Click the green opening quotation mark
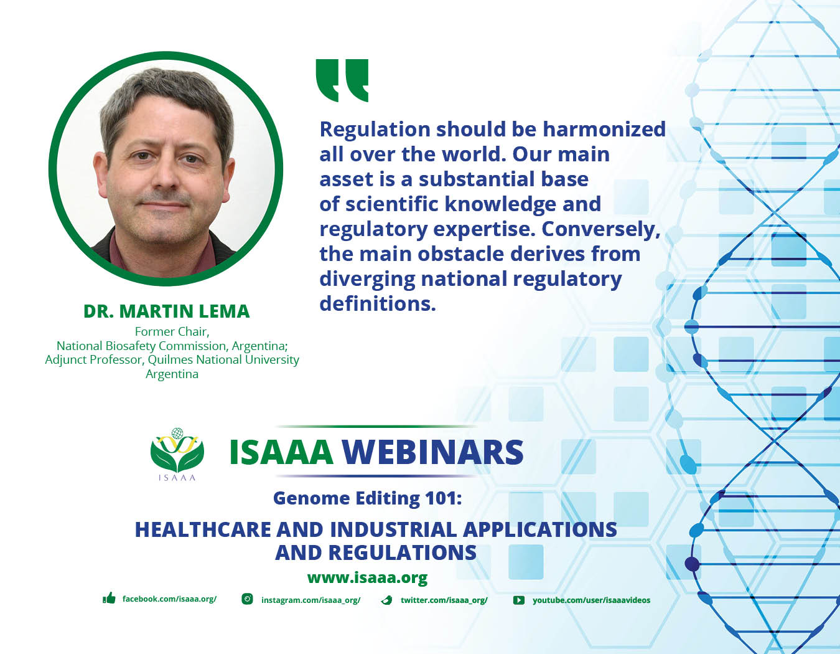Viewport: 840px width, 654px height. [x=342, y=80]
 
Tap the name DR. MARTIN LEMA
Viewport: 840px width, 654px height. [x=166, y=311]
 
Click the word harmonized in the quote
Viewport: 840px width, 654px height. [x=604, y=129]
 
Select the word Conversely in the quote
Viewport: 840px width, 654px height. [x=600, y=229]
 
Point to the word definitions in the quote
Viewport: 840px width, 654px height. [x=377, y=304]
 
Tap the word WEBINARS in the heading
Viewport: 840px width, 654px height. [x=432, y=452]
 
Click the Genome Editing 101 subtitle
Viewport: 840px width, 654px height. [x=367, y=498]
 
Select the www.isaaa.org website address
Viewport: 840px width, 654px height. [x=367, y=577]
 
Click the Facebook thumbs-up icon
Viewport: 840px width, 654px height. [x=110, y=599]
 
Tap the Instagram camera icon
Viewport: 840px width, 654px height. [x=247, y=599]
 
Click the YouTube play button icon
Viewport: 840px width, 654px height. [x=518, y=600]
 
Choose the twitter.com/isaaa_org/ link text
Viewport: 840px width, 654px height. [x=444, y=600]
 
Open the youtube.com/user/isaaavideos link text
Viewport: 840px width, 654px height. [x=591, y=600]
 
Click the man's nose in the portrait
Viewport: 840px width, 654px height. [x=166, y=178]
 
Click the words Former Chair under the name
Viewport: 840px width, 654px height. [x=172, y=331]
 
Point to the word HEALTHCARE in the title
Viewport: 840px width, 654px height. [x=203, y=529]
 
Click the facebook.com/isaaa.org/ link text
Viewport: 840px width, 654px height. [x=169, y=599]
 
